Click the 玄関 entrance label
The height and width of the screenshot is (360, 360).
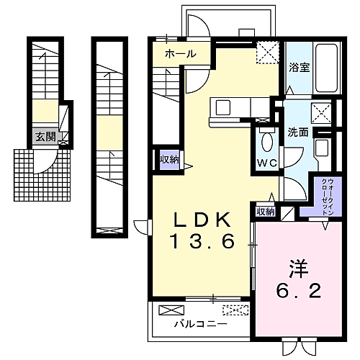45,137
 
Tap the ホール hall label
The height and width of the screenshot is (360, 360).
180,54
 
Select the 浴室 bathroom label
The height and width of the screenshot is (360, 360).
299,68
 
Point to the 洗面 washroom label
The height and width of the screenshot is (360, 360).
298,132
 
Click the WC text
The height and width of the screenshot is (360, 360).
267,163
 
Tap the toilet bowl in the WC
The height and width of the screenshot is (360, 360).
267,142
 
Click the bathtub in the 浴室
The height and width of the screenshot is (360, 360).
327,68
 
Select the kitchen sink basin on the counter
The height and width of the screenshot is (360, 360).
223,108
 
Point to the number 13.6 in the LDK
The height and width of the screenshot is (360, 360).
202,241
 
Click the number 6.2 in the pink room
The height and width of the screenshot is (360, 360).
298,291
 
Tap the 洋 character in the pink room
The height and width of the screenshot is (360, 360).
298,269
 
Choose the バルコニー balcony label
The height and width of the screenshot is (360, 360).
200,325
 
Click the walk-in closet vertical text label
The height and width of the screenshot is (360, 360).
328,197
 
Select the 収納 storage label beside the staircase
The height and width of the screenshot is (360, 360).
170,159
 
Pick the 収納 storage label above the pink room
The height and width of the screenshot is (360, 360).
265,212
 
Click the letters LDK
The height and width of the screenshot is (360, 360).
202,220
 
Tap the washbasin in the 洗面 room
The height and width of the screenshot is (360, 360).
322,148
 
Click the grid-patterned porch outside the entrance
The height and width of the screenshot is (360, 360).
42,175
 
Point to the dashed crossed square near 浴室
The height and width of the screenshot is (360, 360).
268,53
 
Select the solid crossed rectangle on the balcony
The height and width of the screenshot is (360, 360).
171,310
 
